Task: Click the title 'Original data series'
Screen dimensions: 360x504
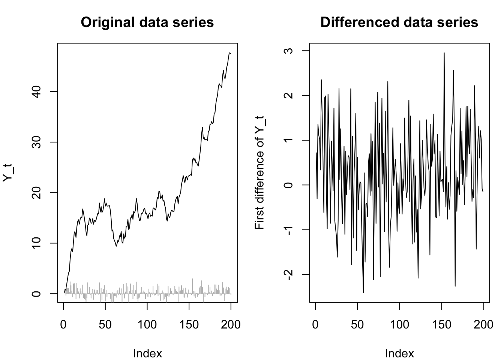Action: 147,22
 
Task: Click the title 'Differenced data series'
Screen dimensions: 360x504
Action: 399,22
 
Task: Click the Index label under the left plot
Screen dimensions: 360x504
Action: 147,353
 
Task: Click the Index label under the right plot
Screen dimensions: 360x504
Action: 399,353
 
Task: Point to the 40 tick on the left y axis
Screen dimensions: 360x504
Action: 37,91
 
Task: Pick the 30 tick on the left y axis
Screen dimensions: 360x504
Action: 37,142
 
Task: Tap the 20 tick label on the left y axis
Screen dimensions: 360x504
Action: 37,193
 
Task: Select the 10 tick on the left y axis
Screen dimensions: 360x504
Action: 37,243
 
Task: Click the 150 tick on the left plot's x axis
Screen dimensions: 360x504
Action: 189,324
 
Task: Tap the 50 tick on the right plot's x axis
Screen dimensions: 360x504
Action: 357,324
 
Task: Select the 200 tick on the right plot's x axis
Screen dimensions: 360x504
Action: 483,324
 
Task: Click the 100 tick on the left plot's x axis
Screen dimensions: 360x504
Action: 147,324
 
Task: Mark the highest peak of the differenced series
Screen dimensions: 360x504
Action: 444,53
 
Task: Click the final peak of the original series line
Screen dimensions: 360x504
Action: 229,53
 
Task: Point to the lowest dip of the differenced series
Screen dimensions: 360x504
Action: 363,292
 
